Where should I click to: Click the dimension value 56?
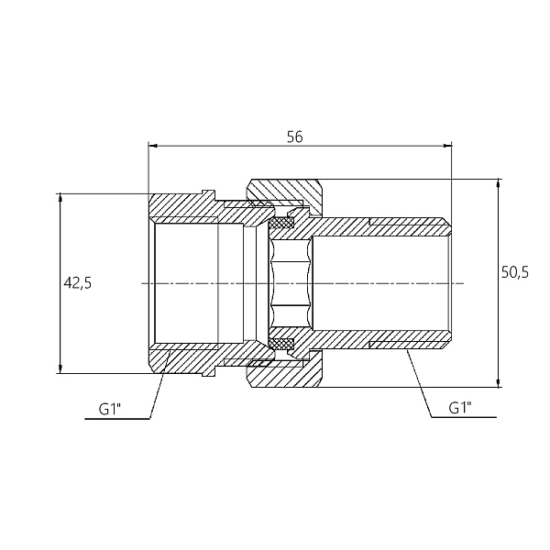click(294, 137)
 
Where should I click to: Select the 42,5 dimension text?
click(78, 282)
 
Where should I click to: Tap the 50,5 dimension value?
click(514, 272)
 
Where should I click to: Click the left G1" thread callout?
click(110, 409)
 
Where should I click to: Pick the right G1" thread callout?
click(460, 408)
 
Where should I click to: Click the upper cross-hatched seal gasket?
click(282, 223)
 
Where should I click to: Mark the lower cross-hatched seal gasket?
click(282, 344)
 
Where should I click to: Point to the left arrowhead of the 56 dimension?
click(152, 145)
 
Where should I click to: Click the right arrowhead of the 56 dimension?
click(448, 145)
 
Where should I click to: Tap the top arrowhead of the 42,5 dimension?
click(60, 197)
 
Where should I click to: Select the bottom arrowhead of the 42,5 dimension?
click(60, 369)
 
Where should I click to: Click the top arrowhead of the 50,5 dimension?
click(498, 183)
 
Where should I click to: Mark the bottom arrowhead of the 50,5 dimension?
click(498, 383)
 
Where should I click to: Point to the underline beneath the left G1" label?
click(117, 419)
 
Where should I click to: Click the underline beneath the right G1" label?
click(464, 417)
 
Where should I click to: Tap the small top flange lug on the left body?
click(208, 193)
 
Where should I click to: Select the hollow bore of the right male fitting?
click(380, 283)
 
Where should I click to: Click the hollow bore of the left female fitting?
click(199, 283)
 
